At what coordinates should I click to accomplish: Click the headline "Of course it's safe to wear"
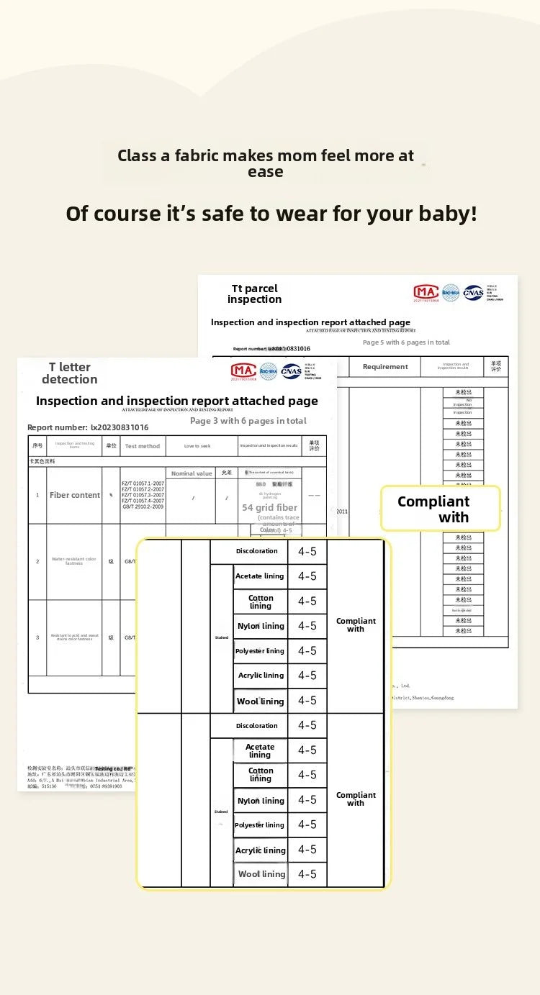click(x=271, y=214)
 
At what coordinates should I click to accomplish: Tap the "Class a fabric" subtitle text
click(x=266, y=163)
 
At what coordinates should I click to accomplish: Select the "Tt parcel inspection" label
click(x=254, y=294)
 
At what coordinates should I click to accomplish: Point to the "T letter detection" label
click(x=69, y=373)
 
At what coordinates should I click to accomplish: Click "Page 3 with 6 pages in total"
click(x=248, y=421)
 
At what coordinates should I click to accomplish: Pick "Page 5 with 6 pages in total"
click(x=406, y=342)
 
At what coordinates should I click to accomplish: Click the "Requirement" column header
click(x=385, y=367)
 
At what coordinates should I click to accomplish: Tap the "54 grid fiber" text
click(x=269, y=507)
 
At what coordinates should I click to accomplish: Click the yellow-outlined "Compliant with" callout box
click(x=440, y=509)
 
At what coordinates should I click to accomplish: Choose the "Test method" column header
click(x=143, y=446)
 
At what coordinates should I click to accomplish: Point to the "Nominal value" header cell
click(x=192, y=473)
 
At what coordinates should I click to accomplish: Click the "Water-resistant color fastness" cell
click(x=73, y=561)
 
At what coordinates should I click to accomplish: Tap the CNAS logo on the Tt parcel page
click(x=473, y=293)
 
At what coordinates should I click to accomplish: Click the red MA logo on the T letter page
click(x=243, y=371)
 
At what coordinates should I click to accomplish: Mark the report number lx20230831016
click(x=88, y=427)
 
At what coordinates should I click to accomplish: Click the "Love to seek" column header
click(x=197, y=446)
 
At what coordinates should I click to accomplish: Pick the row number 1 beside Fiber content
click(x=37, y=495)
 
